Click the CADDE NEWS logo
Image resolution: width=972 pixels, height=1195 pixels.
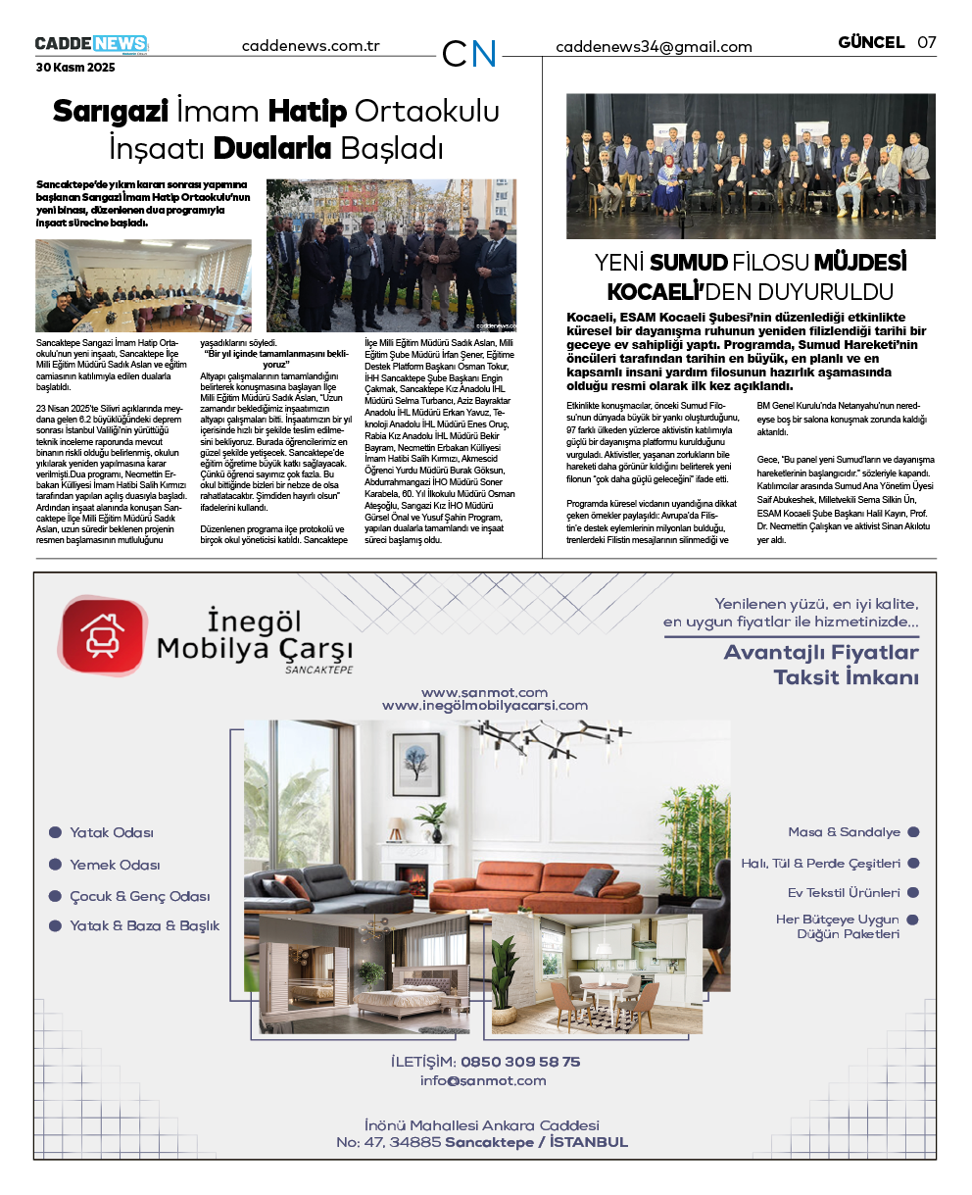[91, 44]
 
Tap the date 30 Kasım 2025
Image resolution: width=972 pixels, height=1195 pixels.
[75, 68]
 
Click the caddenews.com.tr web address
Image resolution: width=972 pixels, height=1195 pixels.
[311, 46]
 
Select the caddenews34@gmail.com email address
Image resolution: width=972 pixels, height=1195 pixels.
[654, 47]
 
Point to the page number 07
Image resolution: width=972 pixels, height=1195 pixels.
[926, 42]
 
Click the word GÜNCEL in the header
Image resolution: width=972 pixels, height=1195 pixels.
[871, 42]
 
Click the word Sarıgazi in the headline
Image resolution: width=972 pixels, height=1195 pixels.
[111, 111]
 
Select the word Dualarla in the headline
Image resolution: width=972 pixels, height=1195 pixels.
[272, 149]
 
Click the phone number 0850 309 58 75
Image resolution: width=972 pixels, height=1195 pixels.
[520, 1062]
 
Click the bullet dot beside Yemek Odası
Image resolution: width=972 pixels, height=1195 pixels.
[56, 865]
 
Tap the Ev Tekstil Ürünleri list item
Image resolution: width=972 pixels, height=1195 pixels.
[844, 893]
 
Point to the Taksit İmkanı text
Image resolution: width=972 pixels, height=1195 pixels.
[846, 677]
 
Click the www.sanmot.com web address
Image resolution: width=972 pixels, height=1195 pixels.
[484, 692]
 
